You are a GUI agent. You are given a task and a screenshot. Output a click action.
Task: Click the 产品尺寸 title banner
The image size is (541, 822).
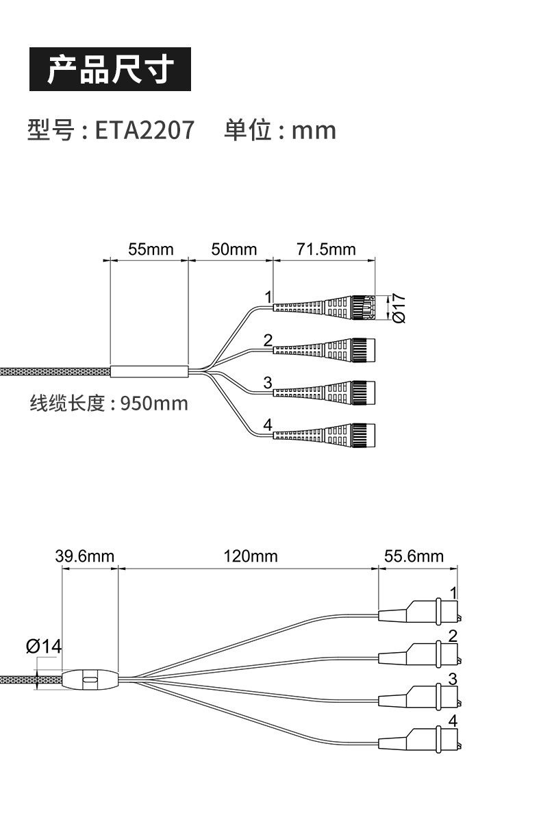pyautogui.click(x=109, y=69)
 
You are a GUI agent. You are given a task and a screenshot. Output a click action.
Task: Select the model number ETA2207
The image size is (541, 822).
pyautogui.click(x=144, y=129)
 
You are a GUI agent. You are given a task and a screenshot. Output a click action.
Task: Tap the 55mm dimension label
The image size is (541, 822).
pyautogui.click(x=151, y=249)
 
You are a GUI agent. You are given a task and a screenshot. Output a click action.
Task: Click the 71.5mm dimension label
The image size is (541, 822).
pyautogui.click(x=326, y=249)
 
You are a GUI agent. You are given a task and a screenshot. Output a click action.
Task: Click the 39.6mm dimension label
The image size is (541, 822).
pyautogui.click(x=85, y=556)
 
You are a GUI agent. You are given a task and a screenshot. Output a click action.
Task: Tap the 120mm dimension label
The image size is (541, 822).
pyautogui.click(x=250, y=556)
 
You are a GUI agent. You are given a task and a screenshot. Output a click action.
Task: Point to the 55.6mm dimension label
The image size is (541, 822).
pyautogui.click(x=414, y=556)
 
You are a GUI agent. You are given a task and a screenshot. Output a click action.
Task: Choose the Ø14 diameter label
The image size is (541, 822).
pyautogui.click(x=43, y=645)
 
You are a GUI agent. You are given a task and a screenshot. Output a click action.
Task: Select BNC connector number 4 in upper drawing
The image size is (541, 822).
pyautogui.click(x=325, y=434)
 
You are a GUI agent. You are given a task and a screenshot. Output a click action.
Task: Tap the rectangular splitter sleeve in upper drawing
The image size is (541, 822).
pyautogui.click(x=149, y=371)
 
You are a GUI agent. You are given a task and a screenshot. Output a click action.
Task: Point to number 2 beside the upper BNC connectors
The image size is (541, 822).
pyautogui.click(x=268, y=340)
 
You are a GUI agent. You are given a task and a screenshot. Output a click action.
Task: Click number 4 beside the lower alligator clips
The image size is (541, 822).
pyautogui.click(x=452, y=721)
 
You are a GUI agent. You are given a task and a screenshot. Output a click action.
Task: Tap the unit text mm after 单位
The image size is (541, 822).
pyautogui.click(x=314, y=130)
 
